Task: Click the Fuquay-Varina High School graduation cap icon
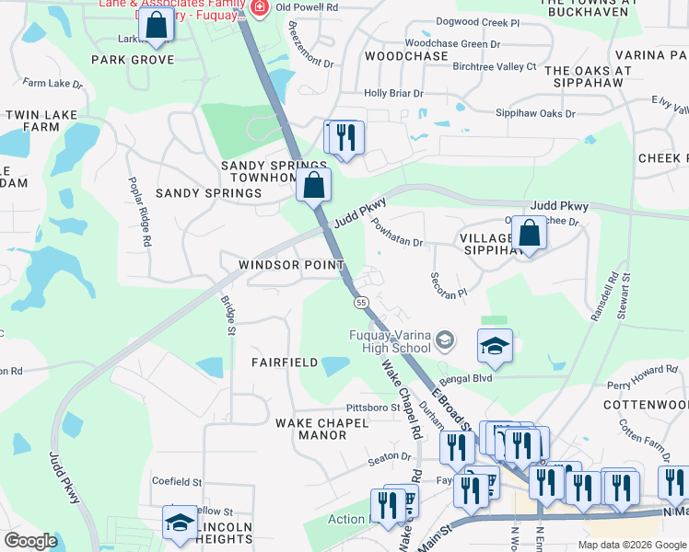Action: click(446, 339)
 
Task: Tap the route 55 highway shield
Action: click(360, 302)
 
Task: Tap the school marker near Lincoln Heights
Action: click(180, 523)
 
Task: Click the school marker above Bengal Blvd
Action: click(495, 346)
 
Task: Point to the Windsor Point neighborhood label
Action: click(291, 265)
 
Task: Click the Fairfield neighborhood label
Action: click(286, 362)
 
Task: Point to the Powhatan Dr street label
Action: click(396, 236)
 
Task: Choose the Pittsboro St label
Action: click(372, 408)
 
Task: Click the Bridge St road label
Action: click(228, 308)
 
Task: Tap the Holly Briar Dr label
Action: click(393, 93)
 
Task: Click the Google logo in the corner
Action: click(30, 541)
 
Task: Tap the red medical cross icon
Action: click(259, 6)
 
